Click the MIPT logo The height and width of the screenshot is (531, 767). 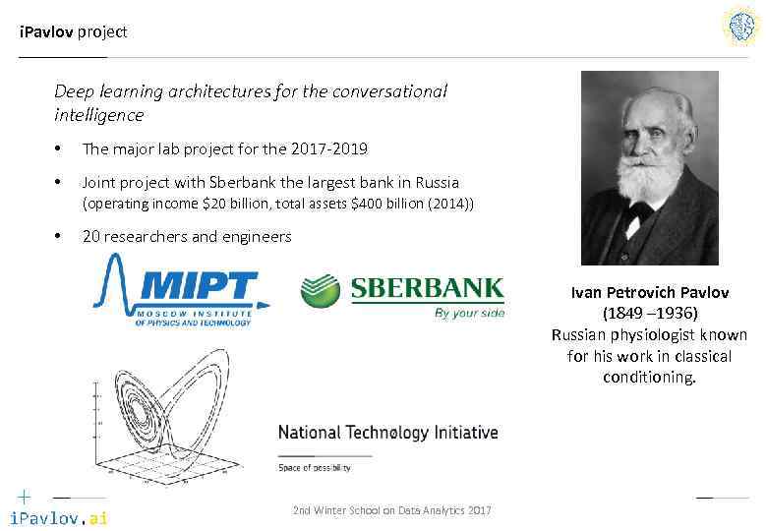182,291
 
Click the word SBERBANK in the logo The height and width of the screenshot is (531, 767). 427,289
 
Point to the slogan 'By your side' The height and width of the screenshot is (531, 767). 469,314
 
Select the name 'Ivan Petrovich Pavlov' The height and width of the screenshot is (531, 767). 650,292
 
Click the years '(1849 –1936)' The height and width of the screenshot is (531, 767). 650,313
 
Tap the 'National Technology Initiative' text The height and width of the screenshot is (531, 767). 387,433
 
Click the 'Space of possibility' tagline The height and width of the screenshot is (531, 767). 314,468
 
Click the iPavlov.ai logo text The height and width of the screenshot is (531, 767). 58,517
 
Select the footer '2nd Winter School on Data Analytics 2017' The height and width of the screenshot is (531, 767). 392,510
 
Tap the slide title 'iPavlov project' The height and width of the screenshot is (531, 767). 74,31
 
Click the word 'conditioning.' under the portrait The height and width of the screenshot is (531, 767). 649,377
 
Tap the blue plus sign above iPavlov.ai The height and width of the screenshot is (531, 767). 24,496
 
